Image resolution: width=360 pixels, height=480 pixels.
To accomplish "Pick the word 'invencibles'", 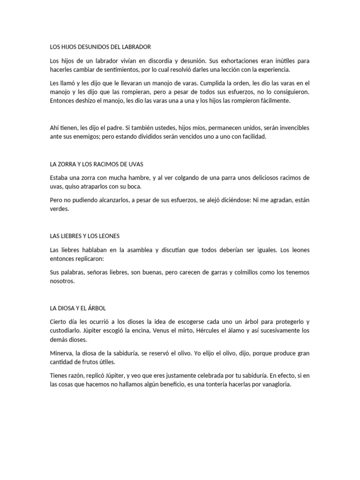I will (x=292, y=128).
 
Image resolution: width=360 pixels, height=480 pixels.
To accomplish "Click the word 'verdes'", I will (x=59, y=209).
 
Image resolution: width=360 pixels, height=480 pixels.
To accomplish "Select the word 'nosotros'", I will (x=62, y=281).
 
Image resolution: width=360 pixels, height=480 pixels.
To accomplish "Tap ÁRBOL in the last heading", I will (x=96, y=308).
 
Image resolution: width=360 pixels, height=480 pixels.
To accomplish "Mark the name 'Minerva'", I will (x=61, y=352).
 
